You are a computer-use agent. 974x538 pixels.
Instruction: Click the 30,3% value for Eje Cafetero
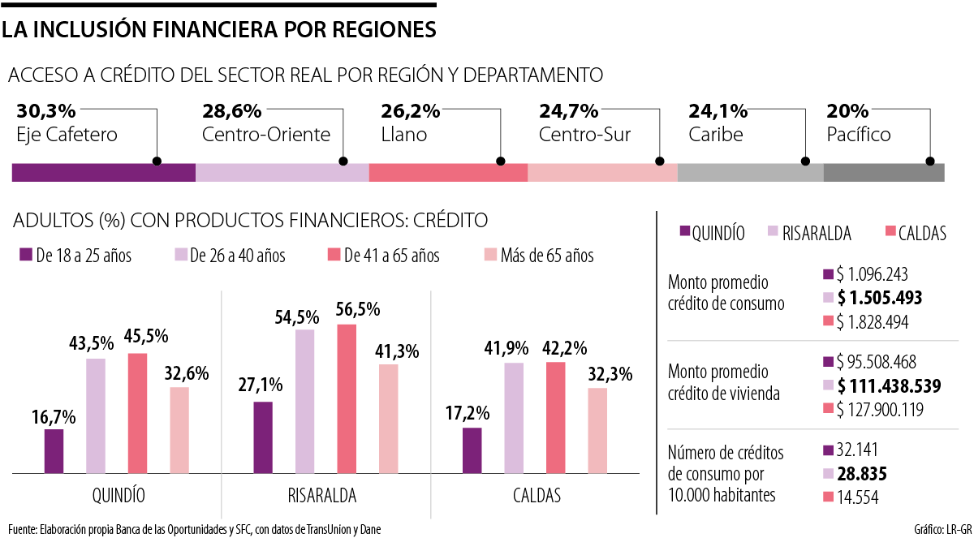click(x=45, y=110)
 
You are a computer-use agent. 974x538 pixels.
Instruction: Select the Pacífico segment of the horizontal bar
click(x=883, y=173)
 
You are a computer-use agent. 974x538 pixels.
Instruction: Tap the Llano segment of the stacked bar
click(x=448, y=173)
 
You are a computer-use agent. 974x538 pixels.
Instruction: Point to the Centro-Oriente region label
click(x=266, y=135)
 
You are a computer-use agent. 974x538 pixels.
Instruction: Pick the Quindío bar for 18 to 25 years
click(x=54, y=450)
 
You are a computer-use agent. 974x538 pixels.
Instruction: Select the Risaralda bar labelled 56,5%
click(x=347, y=398)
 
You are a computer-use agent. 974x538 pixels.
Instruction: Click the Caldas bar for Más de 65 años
click(x=597, y=430)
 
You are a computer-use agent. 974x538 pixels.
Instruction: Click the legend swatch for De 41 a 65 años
click(x=332, y=256)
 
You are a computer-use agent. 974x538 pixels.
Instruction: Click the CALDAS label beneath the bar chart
click(x=537, y=495)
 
